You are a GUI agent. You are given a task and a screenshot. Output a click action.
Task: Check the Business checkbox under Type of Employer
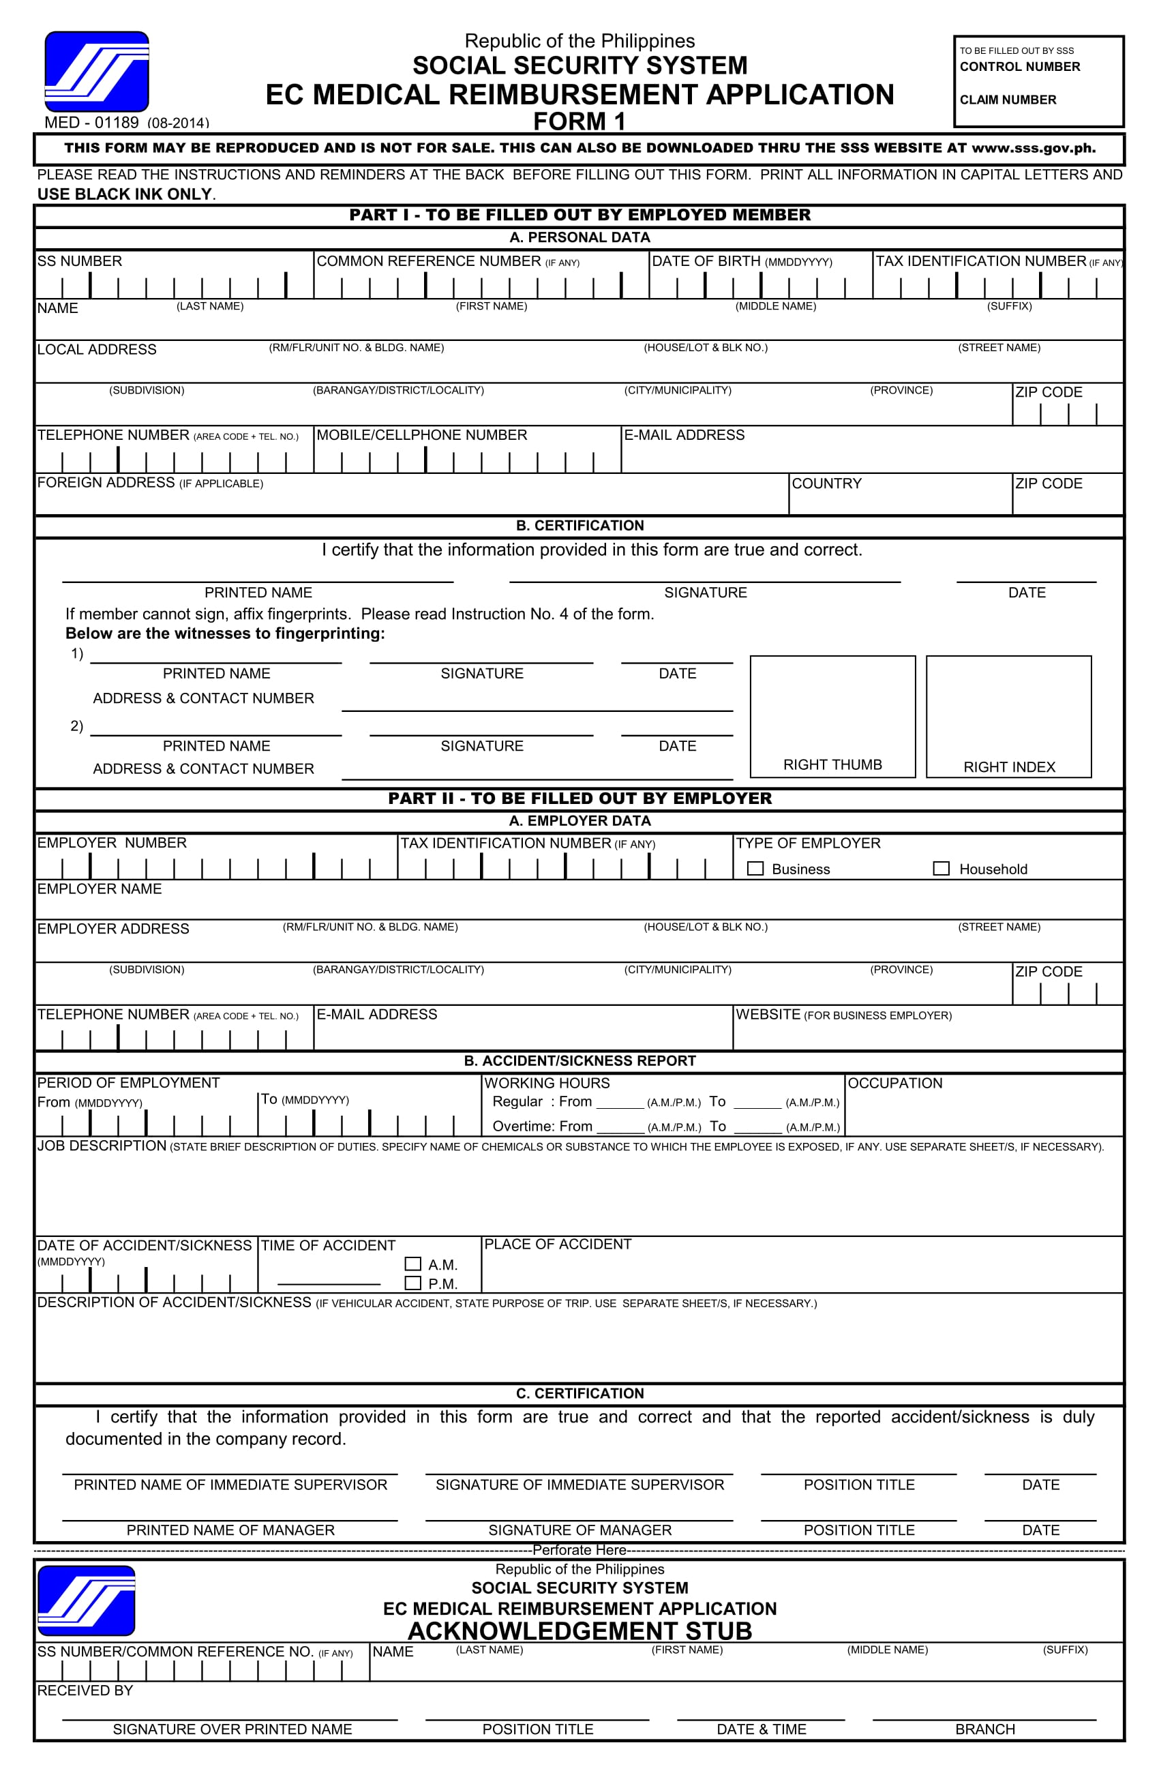(755, 869)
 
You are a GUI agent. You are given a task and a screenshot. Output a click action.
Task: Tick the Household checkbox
(942, 869)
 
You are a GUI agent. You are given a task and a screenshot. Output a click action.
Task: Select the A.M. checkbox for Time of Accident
(412, 1264)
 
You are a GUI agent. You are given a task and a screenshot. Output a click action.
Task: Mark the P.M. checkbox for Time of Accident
(412, 1283)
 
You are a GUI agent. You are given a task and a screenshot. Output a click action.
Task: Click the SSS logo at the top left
(97, 72)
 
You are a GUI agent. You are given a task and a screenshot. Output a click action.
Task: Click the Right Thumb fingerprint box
(832, 716)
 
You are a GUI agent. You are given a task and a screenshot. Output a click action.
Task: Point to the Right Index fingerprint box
(1008, 716)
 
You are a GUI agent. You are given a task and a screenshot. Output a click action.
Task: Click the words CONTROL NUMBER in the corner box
(1019, 67)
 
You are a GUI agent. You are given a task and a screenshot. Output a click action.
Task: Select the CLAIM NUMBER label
(1007, 100)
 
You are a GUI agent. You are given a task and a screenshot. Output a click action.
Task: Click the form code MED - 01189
(91, 122)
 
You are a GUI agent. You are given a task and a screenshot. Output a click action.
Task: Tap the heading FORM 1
(579, 121)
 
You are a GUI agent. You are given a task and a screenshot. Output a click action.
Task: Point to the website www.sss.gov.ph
(1033, 148)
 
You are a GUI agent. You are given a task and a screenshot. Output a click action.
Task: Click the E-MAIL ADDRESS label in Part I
(684, 435)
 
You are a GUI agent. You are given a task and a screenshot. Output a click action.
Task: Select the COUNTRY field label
(826, 483)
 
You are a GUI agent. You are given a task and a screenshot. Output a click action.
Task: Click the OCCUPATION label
(894, 1083)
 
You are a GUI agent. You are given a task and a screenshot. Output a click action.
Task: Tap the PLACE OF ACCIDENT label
(557, 1244)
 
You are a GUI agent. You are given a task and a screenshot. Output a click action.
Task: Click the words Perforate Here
(579, 1549)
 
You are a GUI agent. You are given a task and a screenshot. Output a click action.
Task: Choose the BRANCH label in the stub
(984, 1729)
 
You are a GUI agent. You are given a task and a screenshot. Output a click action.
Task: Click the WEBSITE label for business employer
(768, 1015)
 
